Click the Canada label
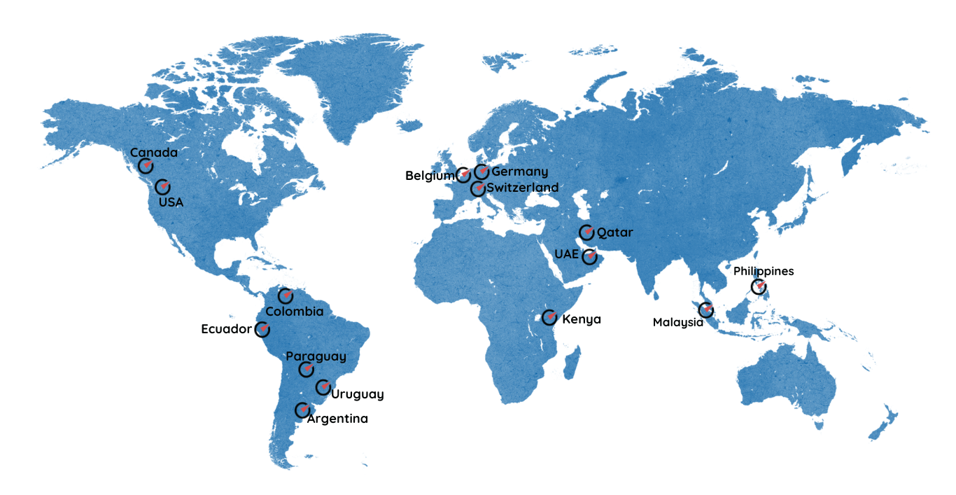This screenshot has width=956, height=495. pos(154,153)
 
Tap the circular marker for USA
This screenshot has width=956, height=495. pos(162,187)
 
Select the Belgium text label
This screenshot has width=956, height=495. pos(430,176)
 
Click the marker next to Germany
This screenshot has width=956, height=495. pos(481,172)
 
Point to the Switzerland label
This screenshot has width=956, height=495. pos(522,188)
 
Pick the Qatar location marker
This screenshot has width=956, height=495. pos(586,232)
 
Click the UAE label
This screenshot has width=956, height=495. pos(567,253)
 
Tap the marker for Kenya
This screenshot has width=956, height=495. pos(550,318)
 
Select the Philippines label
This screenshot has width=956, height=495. pos(764,272)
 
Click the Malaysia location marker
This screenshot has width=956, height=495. pos(706,309)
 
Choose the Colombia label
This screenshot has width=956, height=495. pos(295,312)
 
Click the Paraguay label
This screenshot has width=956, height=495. pos(316,356)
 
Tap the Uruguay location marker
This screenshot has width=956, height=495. pos(323,387)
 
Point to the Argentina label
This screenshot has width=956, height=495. pos(337,419)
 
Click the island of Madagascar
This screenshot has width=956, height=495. pos(572,362)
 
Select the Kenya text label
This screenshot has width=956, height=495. pos(582,320)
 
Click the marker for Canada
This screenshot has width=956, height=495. pos(146,166)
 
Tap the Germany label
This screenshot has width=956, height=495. pos(519,172)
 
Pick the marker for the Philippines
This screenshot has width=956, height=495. pos(759,286)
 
